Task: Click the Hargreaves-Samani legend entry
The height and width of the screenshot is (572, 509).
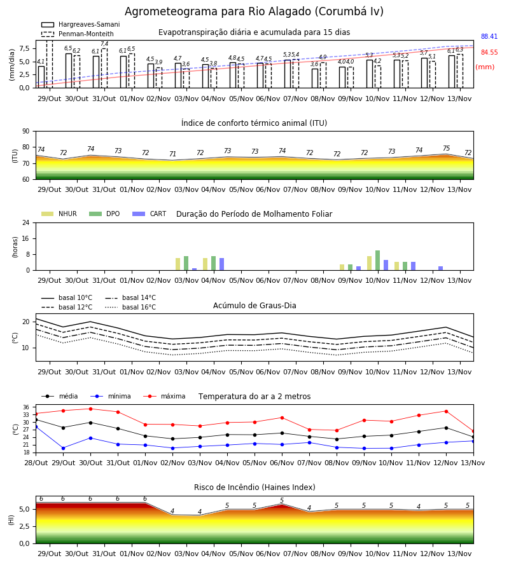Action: point(80,24)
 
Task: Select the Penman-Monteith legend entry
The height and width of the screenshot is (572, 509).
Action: point(78,34)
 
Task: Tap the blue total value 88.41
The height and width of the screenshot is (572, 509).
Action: point(489,36)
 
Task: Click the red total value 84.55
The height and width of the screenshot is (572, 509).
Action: point(489,53)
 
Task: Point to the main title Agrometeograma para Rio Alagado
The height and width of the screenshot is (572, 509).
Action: point(254,11)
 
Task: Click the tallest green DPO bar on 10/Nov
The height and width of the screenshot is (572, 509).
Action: point(377,261)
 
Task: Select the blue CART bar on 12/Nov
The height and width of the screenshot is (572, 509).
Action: point(441,268)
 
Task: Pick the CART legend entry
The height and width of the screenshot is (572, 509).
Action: point(149,214)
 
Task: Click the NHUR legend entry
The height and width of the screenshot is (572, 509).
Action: point(59,214)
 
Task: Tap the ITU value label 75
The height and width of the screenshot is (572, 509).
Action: point(446,149)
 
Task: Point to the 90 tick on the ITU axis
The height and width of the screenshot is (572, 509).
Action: point(26,132)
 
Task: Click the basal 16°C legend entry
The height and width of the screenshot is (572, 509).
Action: point(130,307)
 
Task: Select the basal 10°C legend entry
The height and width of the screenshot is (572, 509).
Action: point(67,297)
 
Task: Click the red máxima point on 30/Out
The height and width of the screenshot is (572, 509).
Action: point(90,409)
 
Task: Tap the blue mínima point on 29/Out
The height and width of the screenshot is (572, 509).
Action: point(63,448)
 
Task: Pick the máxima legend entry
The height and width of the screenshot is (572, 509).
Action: point(164,396)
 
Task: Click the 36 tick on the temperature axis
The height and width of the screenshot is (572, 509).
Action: point(26,407)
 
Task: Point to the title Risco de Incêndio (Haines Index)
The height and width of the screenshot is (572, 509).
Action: point(254,487)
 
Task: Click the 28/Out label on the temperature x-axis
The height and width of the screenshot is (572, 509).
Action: point(36,463)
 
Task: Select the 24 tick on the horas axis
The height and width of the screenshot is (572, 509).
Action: point(26,223)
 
